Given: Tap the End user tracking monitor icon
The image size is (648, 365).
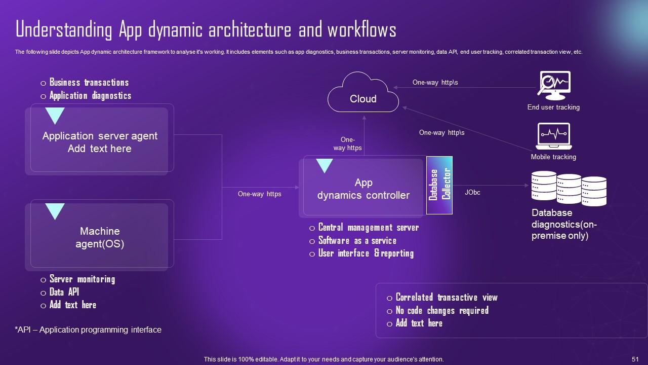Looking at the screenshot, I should [x=554, y=86].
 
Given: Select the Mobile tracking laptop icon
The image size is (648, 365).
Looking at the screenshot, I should [x=553, y=136].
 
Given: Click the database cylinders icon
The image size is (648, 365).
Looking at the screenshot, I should [x=569, y=189].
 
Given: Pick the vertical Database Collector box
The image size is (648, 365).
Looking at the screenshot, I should [x=439, y=185].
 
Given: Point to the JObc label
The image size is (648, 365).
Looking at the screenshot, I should [x=472, y=193].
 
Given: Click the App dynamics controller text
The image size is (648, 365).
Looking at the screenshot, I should [x=363, y=189].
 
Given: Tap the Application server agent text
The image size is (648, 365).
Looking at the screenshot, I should [x=100, y=142].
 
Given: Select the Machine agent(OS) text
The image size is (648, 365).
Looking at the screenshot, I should [x=100, y=237].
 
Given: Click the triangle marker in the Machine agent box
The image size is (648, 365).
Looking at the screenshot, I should [x=55, y=210].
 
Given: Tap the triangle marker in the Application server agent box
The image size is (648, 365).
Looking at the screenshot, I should [x=55, y=115].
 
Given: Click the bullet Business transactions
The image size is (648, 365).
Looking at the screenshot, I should [x=89, y=83].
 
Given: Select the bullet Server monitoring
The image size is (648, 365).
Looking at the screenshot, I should [x=82, y=279].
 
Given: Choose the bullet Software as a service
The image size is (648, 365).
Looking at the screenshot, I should [x=357, y=241].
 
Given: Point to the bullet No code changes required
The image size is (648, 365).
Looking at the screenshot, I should [x=442, y=310].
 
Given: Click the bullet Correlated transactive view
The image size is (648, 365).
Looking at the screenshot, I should [x=447, y=298].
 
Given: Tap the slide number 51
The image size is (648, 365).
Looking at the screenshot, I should [x=635, y=359].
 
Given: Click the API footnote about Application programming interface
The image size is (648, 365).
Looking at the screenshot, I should [x=88, y=330].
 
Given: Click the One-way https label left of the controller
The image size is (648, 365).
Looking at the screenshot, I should [x=259, y=194].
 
